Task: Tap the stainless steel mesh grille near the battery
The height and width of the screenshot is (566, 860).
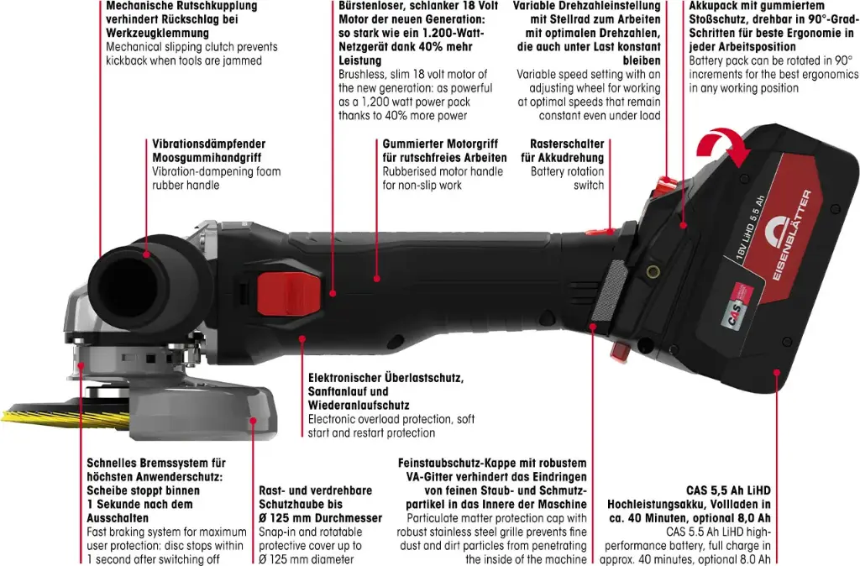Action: tap(610, 291)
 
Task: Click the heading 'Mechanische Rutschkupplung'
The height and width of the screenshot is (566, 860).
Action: tap(181, 6)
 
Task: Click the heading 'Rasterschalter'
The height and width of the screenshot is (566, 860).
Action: tap(567, 144)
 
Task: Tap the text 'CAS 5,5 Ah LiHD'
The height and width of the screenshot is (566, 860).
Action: tap(728, 490)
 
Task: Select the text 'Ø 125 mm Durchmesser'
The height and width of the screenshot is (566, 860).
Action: tap(320, 518)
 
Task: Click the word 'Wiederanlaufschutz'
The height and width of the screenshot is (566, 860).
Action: tap(359, 406)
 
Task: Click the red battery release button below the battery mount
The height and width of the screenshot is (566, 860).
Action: tap(619, 350)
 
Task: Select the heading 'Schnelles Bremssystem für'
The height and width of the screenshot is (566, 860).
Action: tap(156, 463)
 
